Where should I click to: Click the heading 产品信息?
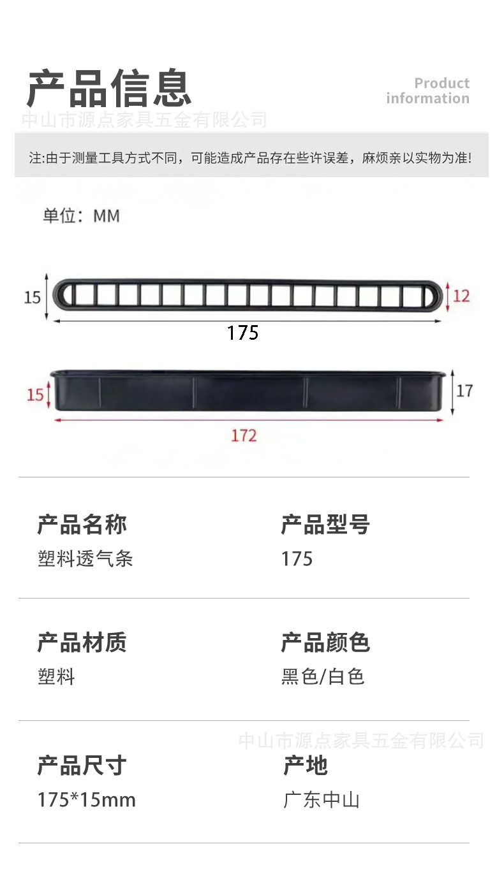[109, 88]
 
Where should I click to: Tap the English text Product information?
[428, 91]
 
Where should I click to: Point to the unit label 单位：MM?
[81, 216]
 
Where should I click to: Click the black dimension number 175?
[242, 333]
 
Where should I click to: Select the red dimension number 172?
[243, 435]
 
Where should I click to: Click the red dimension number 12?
[461, 296]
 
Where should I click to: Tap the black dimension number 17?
[464, 390]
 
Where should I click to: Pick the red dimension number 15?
[35, 395]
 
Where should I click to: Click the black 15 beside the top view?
[32, 297]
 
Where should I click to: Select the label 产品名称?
[82, 525]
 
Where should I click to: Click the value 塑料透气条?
[85, 559]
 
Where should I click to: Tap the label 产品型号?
[325, 525]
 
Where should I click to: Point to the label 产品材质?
[82, 642]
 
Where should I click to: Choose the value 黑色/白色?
[323, 676]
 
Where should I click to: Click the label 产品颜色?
[325, 642]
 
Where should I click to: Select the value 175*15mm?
[86, 799]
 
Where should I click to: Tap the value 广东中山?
[322, 799]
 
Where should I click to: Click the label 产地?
[306, 765]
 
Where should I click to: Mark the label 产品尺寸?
[82, 765]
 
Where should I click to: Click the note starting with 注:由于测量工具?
[251, 158]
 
